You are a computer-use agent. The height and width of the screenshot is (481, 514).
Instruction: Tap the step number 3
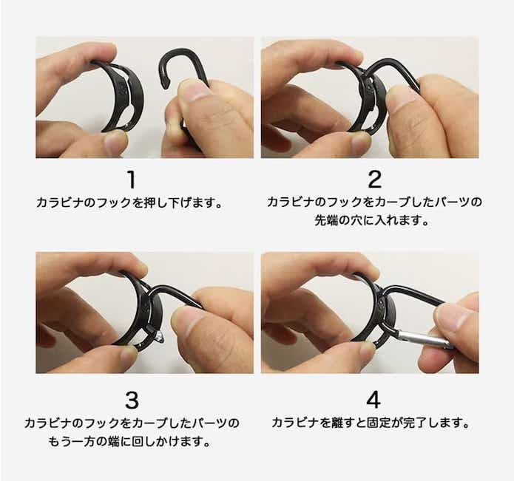pyautogui.click(x=131, y=400)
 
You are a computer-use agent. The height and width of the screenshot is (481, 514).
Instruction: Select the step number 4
pyautogui.click(x=373, y=400)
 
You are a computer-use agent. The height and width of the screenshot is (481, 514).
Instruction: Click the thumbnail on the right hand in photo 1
pyautogui.click(x=195, y=90)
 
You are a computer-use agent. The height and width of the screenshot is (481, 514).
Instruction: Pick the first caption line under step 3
pyautogui.click(x=131, y=424)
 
